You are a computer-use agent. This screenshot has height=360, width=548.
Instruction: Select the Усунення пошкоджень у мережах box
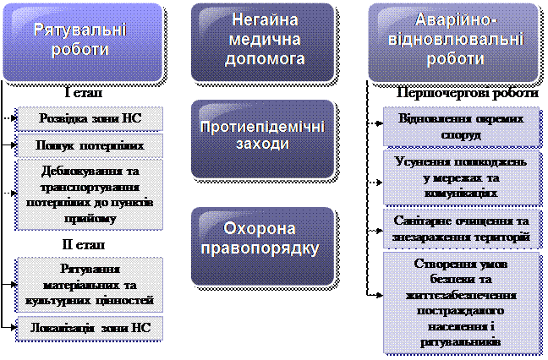click(461, 177)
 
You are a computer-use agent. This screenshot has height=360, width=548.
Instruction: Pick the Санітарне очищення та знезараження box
click(461, 229)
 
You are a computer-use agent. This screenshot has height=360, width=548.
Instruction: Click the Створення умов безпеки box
click(461, 303)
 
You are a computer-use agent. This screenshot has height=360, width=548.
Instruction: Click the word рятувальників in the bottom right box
click(461, 343)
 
